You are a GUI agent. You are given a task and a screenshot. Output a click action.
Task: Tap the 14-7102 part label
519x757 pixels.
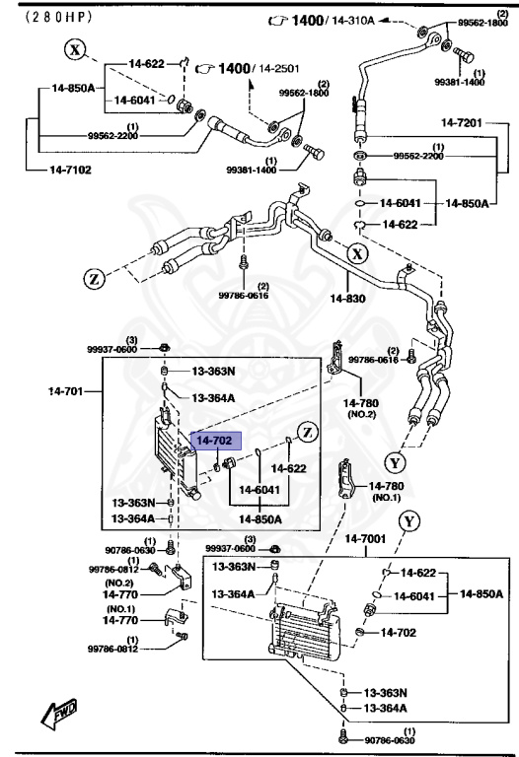point(72,170)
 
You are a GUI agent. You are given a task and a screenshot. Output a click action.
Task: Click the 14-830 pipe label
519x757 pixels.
point(348,297)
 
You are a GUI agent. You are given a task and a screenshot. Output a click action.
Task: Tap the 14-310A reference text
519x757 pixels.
point(351,20)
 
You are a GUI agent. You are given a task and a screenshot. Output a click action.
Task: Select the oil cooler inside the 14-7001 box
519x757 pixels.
point(308,632)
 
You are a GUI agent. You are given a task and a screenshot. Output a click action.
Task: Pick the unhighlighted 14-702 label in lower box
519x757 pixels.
point(401,632)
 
